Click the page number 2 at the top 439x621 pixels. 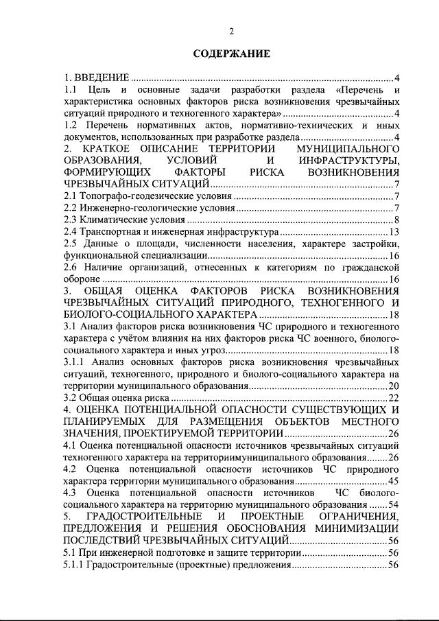[231, 31]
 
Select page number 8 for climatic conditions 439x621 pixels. [396, 220]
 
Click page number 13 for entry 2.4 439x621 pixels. [394, 232]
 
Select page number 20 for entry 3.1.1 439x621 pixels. [394, 386]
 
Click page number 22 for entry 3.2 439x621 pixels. [394, 397]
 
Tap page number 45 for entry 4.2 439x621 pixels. [394, 480]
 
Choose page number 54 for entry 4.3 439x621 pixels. [394, 504]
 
